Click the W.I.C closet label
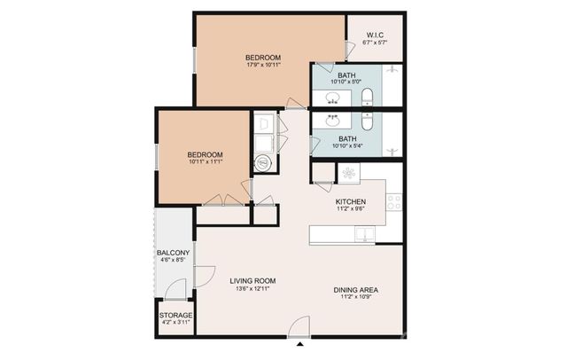(x=375, y=37)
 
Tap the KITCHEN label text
(x=351, y=201)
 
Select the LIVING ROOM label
(x=253, y=280)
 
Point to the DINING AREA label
(x=357, y=289)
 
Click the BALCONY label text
(x=174, y=253)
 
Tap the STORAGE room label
(x=175, y=315)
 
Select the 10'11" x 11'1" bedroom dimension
(x=205, y=161)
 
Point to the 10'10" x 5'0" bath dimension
(x=347, y=82)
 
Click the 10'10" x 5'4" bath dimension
(x=347, y=145)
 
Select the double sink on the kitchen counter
(x=364, y=234)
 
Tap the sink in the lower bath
(x=334, y=119)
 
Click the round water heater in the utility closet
(x=263, y=161)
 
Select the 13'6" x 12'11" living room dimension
(x=253, y=289)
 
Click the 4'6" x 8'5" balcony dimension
(x=174, y=261)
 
